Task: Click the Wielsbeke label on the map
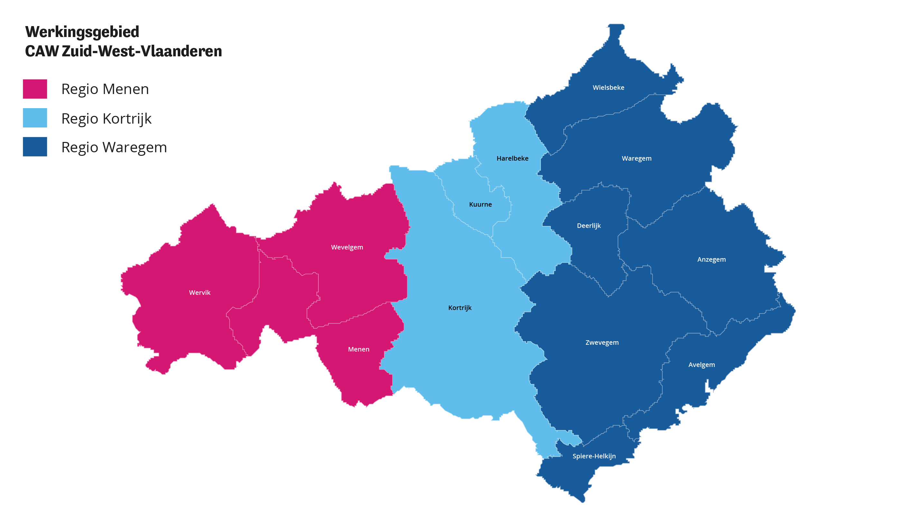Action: point(608,88)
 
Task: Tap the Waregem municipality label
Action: point(636,158)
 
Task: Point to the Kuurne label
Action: point(480,204)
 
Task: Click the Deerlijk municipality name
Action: point(588,226)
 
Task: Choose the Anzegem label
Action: point(711,260)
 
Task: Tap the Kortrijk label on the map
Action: point(460,308)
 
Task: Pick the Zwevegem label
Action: point(602,342)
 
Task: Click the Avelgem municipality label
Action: point(701,365)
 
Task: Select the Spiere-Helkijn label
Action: point(594,456)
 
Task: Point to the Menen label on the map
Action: point(358,349)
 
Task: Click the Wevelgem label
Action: point(347,247)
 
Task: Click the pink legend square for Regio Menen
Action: point(35,89)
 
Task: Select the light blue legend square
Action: point(35,118)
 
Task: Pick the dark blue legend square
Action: point(35,147)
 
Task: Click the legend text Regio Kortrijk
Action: point(106,119)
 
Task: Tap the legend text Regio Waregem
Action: point(114,147)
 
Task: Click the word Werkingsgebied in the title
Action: point(82,32)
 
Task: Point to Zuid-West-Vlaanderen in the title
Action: point(142,51)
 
